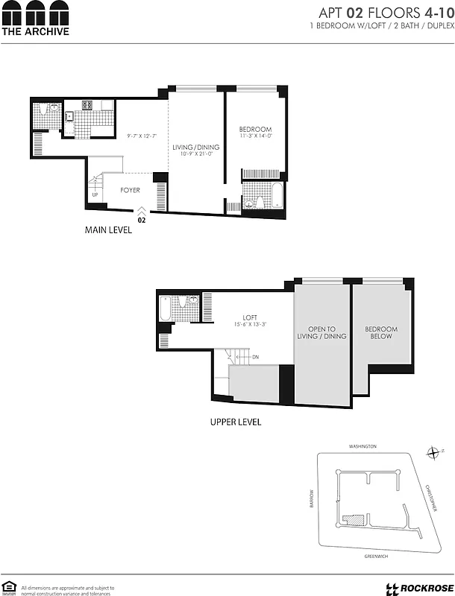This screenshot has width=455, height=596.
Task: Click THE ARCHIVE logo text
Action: point(35,31)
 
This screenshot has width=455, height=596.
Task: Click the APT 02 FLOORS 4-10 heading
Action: point(383,13)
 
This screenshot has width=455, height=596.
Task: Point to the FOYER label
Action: point(131,191)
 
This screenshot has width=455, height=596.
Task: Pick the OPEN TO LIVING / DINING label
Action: point(322,333)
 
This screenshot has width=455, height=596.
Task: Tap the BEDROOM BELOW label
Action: point(380,333)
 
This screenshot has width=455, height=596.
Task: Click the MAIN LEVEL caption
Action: point(108,230)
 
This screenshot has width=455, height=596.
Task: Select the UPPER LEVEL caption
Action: point(235,422)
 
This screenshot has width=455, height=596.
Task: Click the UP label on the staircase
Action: point(95,195)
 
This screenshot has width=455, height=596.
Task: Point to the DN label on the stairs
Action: point(256,358)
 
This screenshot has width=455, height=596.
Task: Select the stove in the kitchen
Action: point(87,105)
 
